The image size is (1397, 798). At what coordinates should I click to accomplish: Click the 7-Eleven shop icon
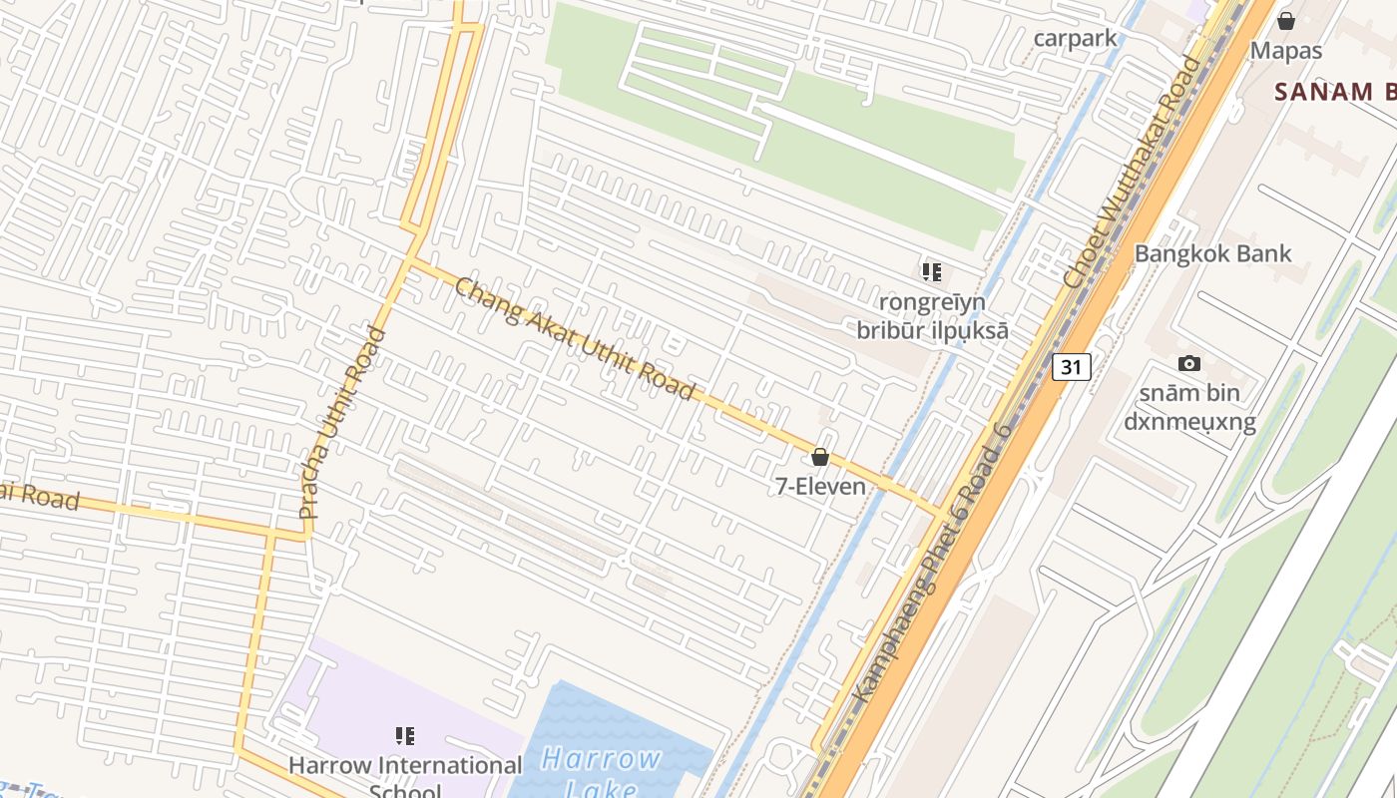pyautogui.click(x=820, y=457)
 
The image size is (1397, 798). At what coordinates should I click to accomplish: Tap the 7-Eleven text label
pyautogui.click(x=820, y=486)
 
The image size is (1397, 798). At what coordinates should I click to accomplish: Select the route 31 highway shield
pyautogui.click(x=1071, y=367)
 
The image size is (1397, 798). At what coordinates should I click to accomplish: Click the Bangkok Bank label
pyautogui.click(x=1212, y=253)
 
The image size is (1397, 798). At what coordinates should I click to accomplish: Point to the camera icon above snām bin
pyautogui.click(x=1188, y=364)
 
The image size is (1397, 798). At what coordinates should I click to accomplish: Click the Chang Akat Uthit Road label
pyautogui.click(x=574, y=339)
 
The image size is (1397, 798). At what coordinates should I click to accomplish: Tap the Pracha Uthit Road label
pyautogui.click(x=342, y=423)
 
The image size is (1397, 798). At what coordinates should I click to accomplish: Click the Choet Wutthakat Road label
pyautogui.click(x=1133, y=173)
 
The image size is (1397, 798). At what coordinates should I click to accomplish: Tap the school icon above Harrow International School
pyautogui.click(x=405, y=736)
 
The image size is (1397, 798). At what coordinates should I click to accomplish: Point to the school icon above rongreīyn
pyautogui.click(x=932, y=271)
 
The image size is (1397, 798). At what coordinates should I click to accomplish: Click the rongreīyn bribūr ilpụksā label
pyautogui.click(x=932, y=315)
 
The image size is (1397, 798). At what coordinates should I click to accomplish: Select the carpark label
pyautogui.click(x=1075, y=39)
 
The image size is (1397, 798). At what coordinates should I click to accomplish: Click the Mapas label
pyautogui.click(x=1286, y=50)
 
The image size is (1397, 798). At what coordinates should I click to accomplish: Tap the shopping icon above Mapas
pyautogui.click(x=1286, y=20)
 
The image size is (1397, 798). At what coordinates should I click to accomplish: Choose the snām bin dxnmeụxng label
pyautogui.click(x=1189, y=406)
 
